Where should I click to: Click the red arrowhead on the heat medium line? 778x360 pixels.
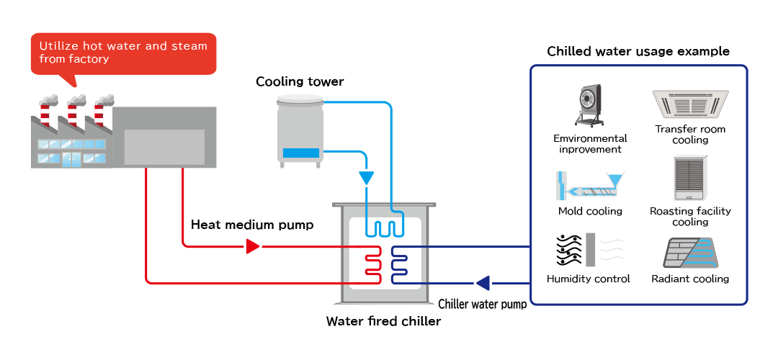pyautogui.click(x=252, y=247)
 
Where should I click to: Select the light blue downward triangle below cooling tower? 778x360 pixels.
pyautogui.click(x=367, y=177)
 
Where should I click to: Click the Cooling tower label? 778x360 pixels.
pyautogui.click(x=300, y=81)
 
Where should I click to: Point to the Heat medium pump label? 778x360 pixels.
pyautogui.click(x=252, y=225)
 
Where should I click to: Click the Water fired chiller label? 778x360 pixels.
pyautogui.click(x=383, y=321)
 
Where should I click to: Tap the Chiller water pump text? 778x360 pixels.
pyautogui.click(x=482, y=304)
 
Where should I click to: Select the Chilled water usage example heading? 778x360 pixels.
pyautogui.click(x=638, y=51)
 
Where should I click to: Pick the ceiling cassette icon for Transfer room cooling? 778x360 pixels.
pyautogui.click(x=690, y=104)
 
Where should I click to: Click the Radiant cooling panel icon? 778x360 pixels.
pyautogui.click(x=690, y=252)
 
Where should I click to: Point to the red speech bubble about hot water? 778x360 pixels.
pyautogui.click(x=123, y=53)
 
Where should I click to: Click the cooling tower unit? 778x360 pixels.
pyautogui.click(x=300, y=130)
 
